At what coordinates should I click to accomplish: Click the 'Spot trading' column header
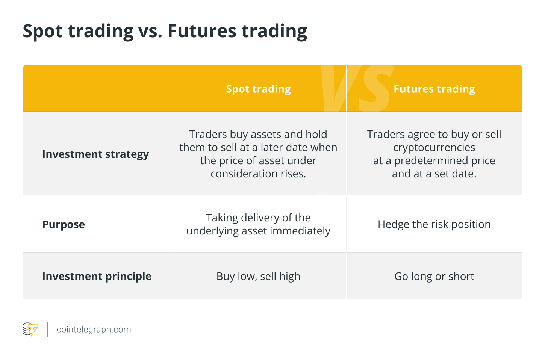pos(258,89)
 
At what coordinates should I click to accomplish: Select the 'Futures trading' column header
pos(434,89)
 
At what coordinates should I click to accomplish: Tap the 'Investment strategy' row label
pos(95,154)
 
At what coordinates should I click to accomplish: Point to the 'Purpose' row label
pos(64,224)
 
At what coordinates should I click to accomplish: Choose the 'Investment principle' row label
pos(97,276)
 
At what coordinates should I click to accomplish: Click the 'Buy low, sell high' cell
pos(258,276)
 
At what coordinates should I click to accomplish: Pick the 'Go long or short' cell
pos(434,276)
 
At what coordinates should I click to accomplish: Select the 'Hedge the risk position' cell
pos(434,224)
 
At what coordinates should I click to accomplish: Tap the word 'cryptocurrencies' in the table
pos(434,148)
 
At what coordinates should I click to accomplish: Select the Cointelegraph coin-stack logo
pos(30,330)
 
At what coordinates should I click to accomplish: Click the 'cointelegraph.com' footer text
pos(94,330)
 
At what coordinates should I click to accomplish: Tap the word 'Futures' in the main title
pos(202,31)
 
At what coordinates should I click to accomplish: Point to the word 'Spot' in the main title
pos(43,32)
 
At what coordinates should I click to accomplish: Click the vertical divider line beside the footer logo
pos(48,330)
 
